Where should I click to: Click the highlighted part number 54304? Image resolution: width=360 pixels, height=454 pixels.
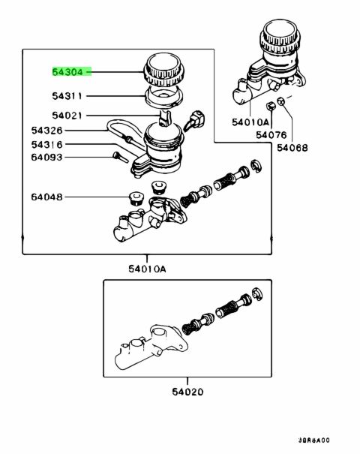(x=67, y=72)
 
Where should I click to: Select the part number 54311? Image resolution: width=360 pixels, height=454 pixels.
(x=67, y=96)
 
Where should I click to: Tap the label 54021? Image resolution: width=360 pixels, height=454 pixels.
(x=67, y=116)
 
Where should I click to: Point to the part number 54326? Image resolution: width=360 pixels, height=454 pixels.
(x=47, y=131)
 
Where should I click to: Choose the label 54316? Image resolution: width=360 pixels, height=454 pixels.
(x=47, y=144)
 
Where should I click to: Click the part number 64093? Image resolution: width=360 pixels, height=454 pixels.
(x=47, y=158)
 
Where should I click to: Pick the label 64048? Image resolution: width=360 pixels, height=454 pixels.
(x=47, y=197)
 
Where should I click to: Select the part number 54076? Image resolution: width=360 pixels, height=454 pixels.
(x=271, y=134)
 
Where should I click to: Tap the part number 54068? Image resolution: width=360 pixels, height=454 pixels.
(x=292, y=148)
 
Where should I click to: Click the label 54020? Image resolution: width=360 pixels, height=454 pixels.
(x=187, y=392)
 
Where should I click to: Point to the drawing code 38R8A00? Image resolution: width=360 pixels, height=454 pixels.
(x=313, y=440)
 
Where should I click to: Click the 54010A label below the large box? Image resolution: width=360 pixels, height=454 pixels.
(x=147, y=269)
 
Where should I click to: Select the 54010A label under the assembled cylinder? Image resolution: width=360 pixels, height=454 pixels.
(x=250, y=122)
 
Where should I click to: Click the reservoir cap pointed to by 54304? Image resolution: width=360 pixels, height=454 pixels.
(x=163, y=70)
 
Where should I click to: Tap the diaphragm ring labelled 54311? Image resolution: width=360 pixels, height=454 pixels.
(x=163, y=96)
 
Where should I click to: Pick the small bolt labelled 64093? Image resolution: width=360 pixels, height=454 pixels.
(x=120, y=157)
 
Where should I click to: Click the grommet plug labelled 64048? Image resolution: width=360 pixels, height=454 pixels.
(x=136, y=198)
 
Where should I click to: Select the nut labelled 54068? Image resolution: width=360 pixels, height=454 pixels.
(x=280, y=101)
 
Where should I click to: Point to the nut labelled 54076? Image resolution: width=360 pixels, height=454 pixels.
(x=271, y=107)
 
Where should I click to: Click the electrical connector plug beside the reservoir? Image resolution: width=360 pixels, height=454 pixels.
(x=195, y=120)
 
